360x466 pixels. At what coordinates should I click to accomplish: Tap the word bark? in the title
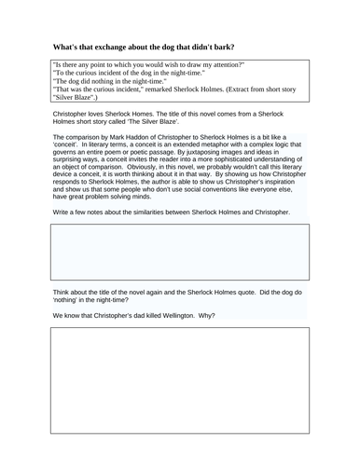point(245,46)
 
